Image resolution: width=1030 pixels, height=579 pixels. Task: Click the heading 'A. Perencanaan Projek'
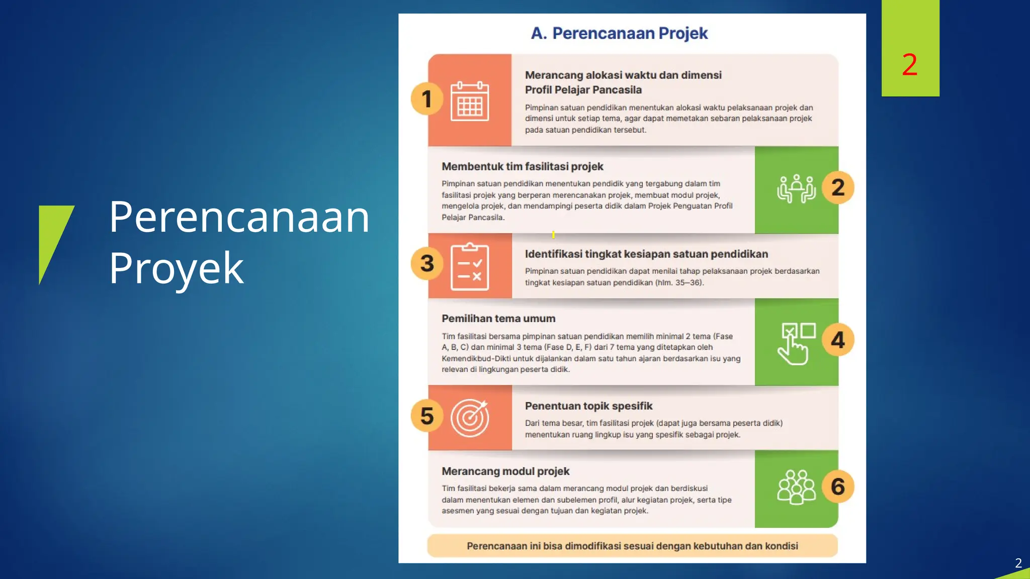619,33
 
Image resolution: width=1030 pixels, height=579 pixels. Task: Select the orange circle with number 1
427,99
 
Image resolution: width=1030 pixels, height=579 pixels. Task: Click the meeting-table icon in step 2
796,188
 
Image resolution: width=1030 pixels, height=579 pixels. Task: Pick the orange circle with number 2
838,188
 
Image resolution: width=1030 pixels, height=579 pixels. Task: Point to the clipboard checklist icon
469,267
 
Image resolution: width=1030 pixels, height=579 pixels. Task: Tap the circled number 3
427,263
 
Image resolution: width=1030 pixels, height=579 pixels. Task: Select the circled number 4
838,340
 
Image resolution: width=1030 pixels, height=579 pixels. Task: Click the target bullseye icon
470,418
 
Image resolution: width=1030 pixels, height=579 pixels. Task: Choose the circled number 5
427,416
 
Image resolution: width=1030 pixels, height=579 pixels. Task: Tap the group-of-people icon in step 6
796,487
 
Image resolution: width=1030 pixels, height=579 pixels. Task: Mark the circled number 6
838,487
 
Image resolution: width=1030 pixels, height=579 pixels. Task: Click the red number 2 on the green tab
909,65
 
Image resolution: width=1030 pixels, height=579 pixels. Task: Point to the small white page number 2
1018,563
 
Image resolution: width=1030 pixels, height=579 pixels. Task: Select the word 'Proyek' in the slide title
176,268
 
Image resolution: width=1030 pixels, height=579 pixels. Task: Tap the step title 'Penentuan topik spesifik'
588,406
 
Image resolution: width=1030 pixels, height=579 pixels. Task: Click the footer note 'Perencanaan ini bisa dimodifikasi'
632,546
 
